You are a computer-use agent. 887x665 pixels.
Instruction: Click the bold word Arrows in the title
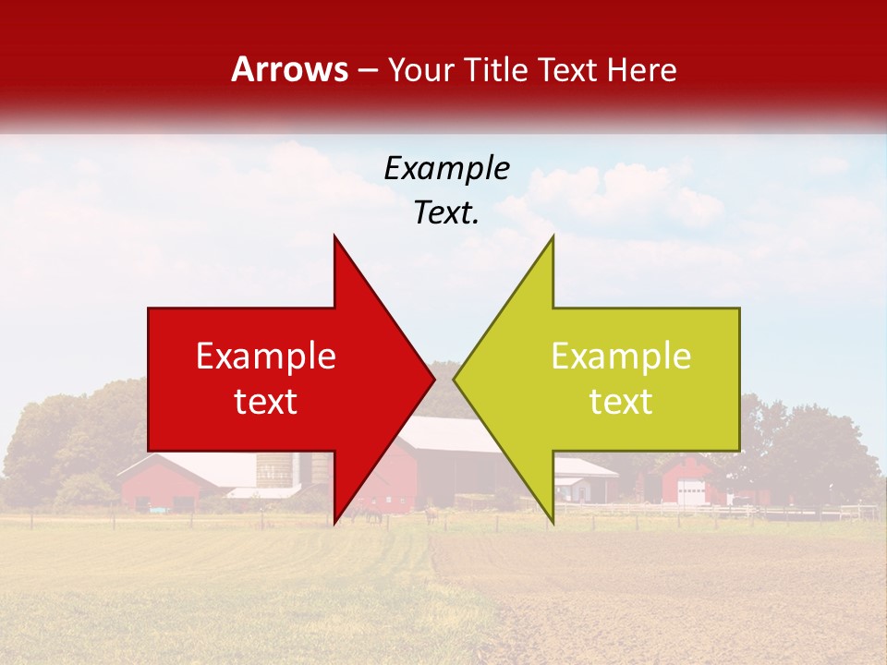tap(289, 69)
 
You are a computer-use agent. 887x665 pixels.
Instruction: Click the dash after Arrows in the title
tap(368, 70)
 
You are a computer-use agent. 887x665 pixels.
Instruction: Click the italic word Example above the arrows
tap(446, 168)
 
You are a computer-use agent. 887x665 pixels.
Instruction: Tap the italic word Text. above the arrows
tap(446, 213)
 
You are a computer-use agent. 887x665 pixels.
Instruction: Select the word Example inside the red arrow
tap(266, 357)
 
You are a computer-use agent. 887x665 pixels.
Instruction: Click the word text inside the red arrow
tap(266, 401)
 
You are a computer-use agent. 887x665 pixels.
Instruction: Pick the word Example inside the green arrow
tap(621, 357)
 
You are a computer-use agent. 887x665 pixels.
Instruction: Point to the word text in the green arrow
tap(621, 401)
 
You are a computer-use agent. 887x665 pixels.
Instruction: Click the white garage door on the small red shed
tap(689, 493)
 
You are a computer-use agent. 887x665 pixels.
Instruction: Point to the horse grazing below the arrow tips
tap(431, 514)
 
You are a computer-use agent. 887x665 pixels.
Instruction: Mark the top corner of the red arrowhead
tap(334, 237)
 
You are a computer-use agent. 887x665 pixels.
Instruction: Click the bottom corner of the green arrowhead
tap(553, 523)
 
